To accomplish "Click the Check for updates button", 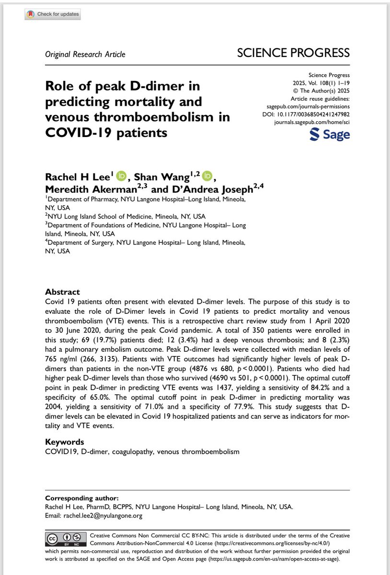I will [52, 14].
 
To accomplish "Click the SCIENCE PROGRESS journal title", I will [293, 53].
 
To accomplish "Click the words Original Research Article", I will [85, 54].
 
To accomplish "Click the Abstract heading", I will [62, 292].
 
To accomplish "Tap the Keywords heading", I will [64, 441].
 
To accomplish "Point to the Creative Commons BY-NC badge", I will [59, 539].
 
